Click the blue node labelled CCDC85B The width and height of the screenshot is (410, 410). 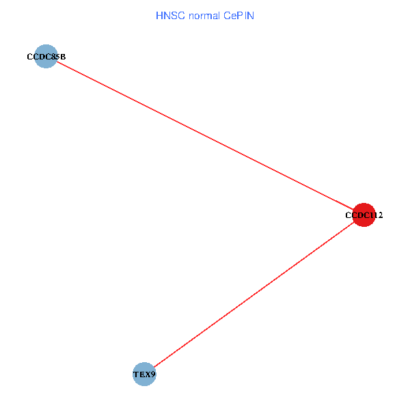tap(46, 57)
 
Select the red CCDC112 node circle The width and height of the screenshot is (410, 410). tap(364, 215)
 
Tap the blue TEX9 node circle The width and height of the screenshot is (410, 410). tap(144, 374)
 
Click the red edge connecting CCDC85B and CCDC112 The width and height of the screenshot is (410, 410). tap(205, 136)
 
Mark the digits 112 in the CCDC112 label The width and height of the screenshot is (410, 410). tap(377, 215)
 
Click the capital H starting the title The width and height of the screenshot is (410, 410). tap(159, 15)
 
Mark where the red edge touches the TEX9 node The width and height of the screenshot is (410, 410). tap(154, 367)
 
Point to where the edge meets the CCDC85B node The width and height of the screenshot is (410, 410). tap(56, 62)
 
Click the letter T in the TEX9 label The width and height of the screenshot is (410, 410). tap(135, 374)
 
